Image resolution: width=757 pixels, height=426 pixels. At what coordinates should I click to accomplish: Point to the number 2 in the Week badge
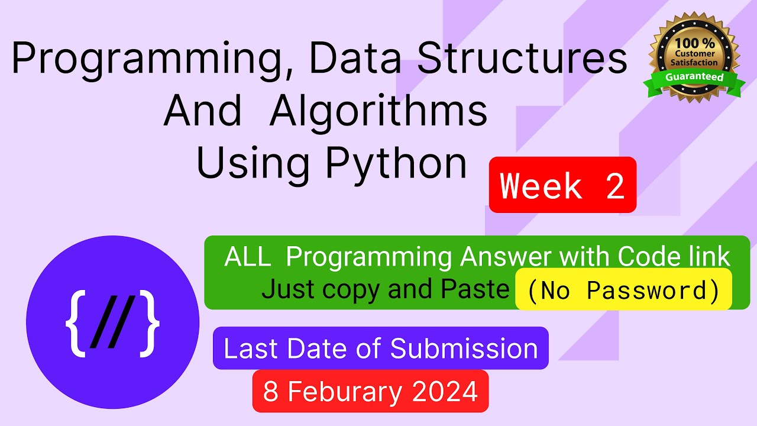615,186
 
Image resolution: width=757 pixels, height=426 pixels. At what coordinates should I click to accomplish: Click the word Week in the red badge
541,186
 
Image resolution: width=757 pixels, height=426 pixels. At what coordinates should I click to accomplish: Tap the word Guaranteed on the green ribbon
694,77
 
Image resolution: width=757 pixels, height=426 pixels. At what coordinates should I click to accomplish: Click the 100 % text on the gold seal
695,43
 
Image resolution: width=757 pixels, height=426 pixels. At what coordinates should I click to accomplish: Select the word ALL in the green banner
247,257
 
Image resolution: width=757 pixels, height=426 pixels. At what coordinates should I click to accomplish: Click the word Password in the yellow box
646,290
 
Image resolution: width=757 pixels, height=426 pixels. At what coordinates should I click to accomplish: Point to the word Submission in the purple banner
464,348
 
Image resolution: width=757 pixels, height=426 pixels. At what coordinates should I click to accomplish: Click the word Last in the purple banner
251,348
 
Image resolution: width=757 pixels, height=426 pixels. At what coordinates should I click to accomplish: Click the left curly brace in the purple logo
75,323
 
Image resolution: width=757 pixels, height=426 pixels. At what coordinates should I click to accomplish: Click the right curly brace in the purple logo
150,323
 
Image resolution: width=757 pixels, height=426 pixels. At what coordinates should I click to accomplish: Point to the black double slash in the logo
112,322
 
